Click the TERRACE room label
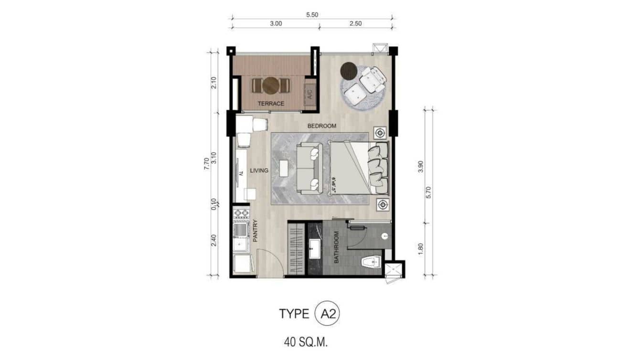point(271,104)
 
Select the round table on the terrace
point(271,85)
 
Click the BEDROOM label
point(321,126)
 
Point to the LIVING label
point(258,170)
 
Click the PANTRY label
point(255,231)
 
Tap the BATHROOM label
point(336,247)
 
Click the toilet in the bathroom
point(370,261)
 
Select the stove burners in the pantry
point(241,213)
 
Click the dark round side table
point(349,71)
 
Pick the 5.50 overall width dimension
point(312,15)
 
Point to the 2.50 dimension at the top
point(355,23)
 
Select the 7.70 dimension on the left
point(206,164)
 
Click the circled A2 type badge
point(327,314)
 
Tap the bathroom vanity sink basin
point(315,249)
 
